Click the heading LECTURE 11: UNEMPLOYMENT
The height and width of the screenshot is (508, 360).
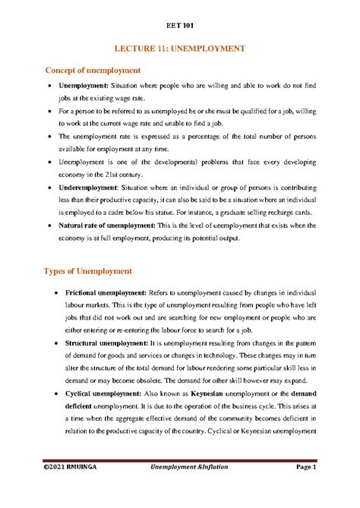179,48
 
